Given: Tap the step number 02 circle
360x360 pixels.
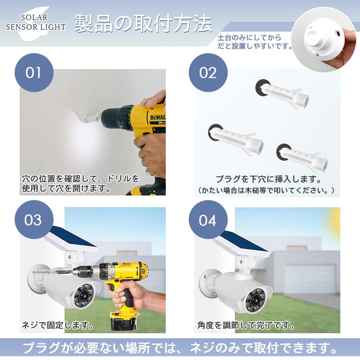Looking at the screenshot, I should coord(208,72).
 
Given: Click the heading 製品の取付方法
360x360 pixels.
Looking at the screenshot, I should coord(143,24).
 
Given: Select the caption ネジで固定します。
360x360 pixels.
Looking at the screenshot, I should coord(57,325).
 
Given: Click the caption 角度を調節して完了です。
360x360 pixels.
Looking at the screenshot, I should coord(245,325).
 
